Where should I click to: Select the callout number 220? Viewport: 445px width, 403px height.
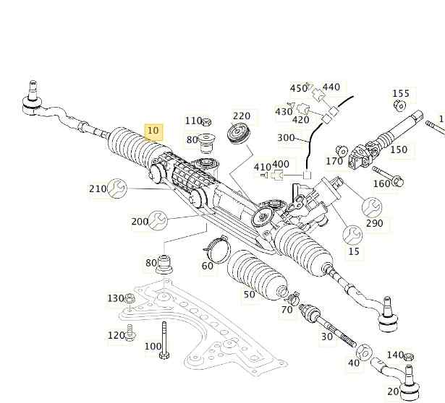(x=241, y=116)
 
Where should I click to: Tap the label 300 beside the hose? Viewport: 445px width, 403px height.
(x=286, y=138)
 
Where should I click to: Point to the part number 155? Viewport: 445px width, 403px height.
(x=400, y=93)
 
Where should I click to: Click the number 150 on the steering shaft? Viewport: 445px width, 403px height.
(x=399, y=150)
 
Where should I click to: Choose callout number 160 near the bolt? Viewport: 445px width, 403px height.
(x=381, y=183)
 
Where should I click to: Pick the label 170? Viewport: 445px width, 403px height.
(x=334, y=161)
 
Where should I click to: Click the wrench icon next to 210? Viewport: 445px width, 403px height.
(x=118, y=189)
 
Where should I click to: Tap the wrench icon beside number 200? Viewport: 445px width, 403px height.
(x=159, y=220)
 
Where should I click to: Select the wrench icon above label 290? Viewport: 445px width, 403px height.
(x=372, y=207)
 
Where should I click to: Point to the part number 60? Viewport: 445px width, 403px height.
(x=208, y=266)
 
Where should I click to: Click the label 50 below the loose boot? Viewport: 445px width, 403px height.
(x=249, y=294)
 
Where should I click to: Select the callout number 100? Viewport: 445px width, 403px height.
(x=153, y=346)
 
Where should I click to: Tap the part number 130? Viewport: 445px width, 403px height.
(x=116, y=298)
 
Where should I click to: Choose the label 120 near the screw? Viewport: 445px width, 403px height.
(x=116, y=335)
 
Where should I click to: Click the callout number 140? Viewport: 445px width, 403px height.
(x=395, y=355)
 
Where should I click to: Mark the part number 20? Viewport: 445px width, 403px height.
(x=393, y=391)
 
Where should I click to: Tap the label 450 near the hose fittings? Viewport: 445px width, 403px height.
(x=298, y=88)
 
